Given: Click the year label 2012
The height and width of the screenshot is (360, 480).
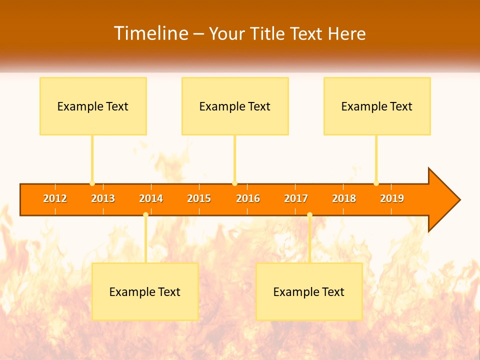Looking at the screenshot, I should click(x=55, y=198).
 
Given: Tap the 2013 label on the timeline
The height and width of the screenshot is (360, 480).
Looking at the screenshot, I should click(x=103, y=198).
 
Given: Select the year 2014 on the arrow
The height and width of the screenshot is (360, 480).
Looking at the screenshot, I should click(x=151, y=198).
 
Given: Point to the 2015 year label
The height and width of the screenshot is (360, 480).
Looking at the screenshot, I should click(x=199, y=198).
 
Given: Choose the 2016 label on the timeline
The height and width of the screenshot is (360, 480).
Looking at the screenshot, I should click(x=248, y=198).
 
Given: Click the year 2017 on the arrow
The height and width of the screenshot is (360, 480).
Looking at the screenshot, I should click(x=296, y=198).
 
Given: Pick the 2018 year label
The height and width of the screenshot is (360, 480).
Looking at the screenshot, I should click(x=344, y=198).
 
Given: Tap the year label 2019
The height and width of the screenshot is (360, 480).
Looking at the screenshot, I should click(x=392, y=198).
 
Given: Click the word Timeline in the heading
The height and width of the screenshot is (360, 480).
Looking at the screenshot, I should click(x=150, y=33).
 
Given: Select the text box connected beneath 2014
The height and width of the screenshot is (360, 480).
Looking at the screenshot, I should click(x=145, y=291).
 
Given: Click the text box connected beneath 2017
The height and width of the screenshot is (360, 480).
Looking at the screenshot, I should click(x=309, y=291).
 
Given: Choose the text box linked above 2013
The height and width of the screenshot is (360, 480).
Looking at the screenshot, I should click(x=93, y=106).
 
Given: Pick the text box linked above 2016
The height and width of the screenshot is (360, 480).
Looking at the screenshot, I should click(x=235, y=106).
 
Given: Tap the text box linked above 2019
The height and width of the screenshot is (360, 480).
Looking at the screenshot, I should click(x=377, y=106).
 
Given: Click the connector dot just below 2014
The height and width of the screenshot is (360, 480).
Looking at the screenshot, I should click(x=145, y=214).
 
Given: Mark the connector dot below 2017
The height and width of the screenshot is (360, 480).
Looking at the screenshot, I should click(x=309, y=214).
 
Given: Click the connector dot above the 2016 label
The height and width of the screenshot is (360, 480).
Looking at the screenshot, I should click(x=234, y=183).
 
